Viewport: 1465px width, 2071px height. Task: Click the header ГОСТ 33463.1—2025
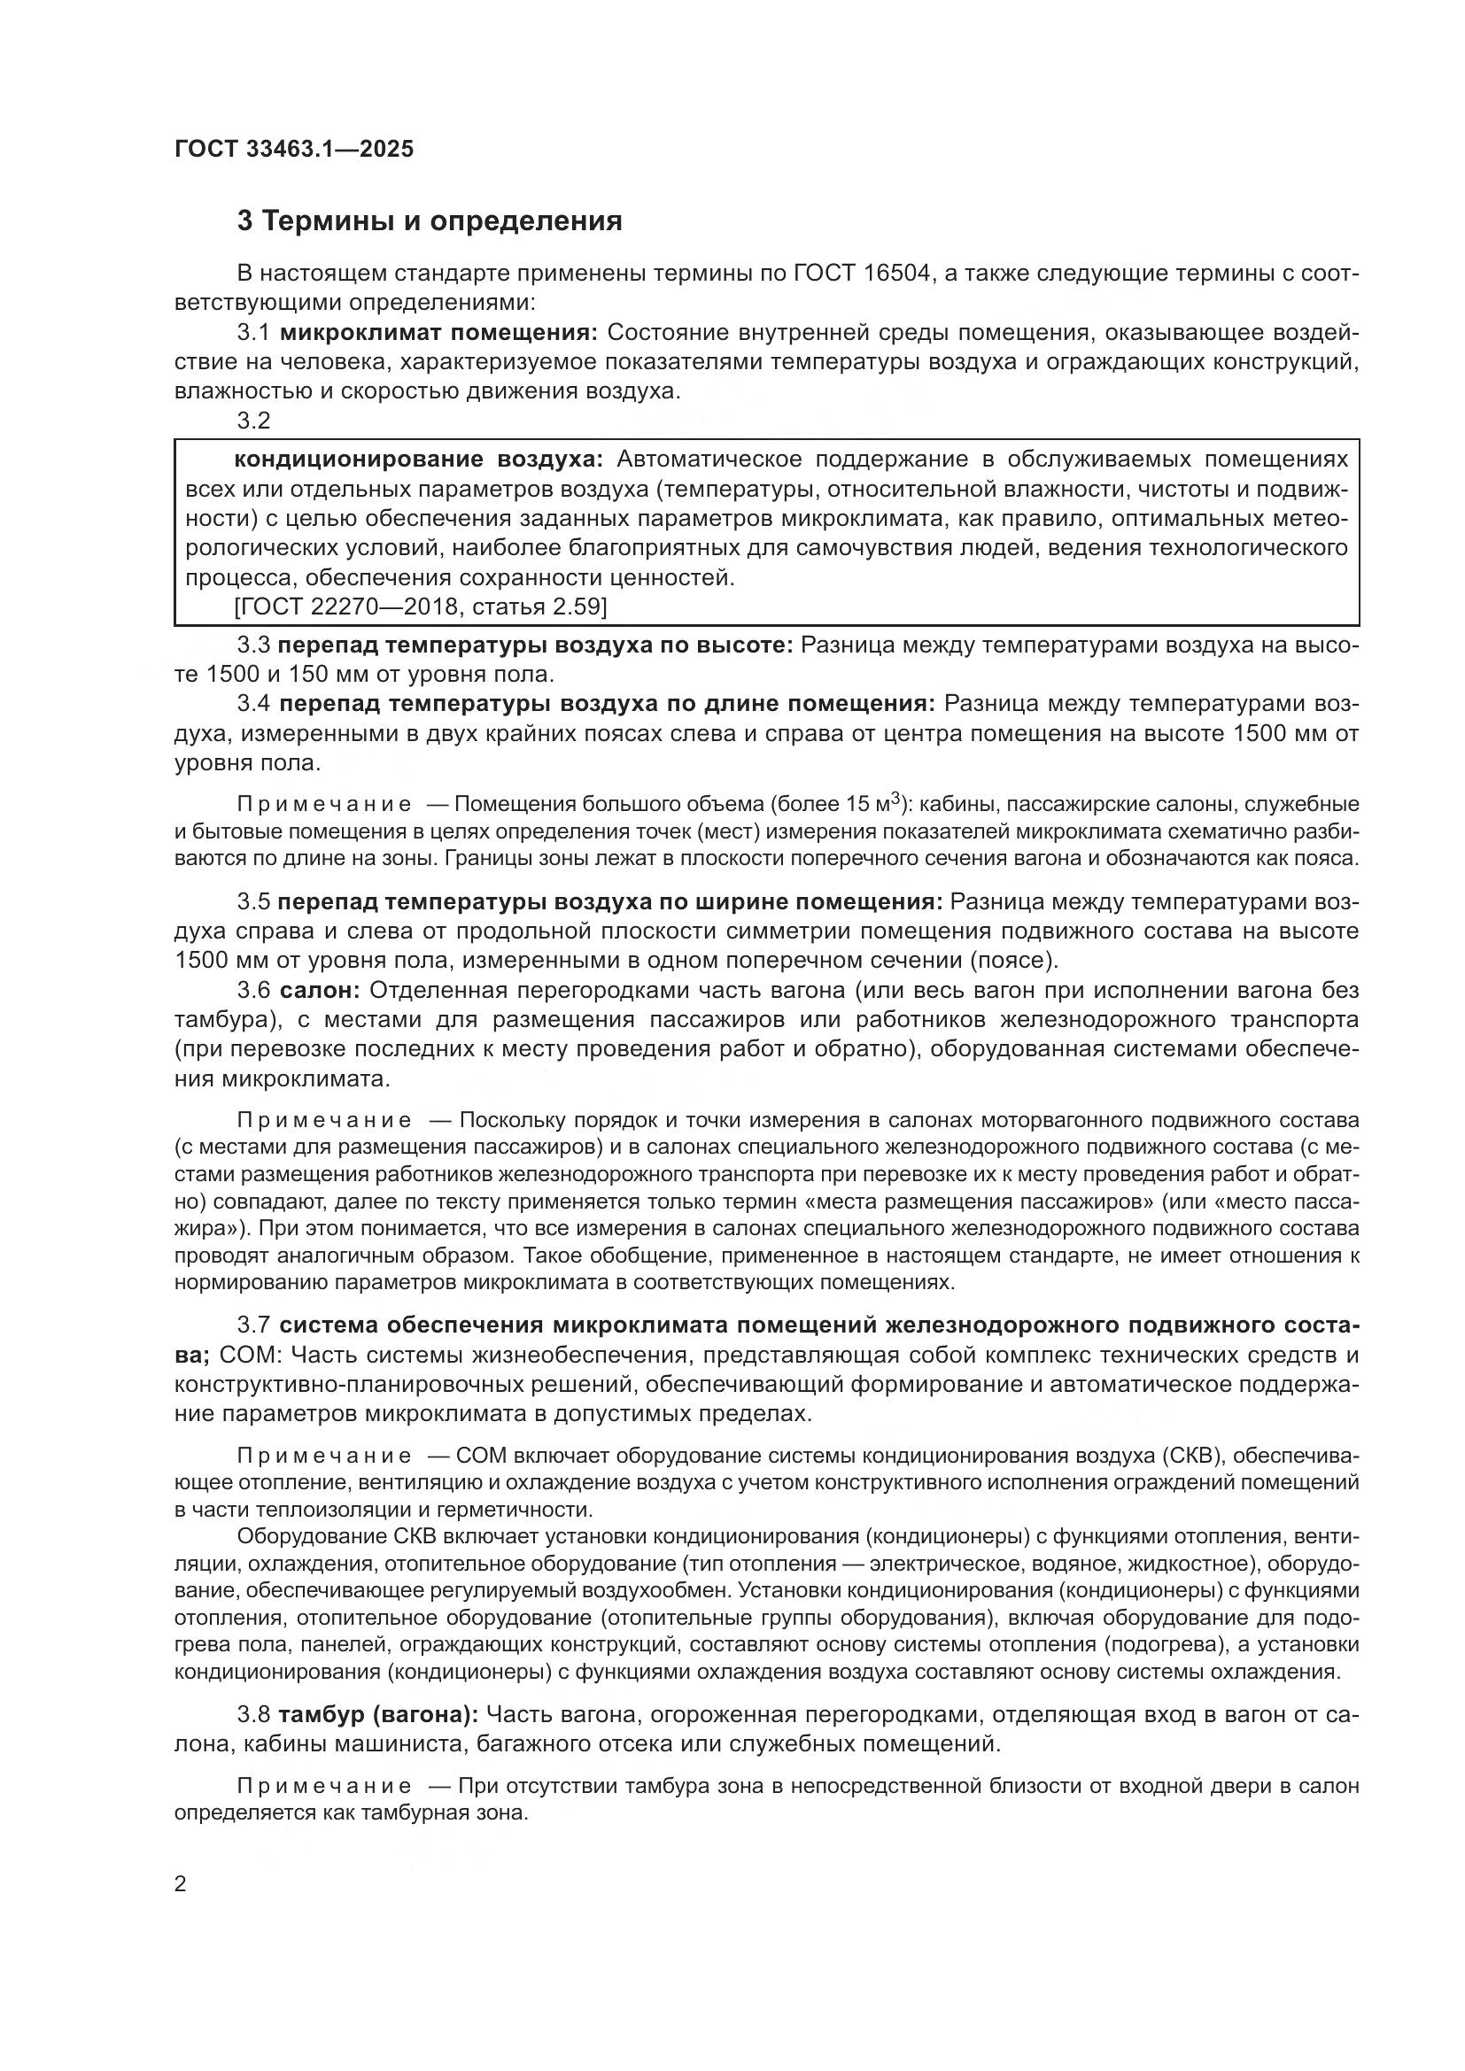[x=294, y=149]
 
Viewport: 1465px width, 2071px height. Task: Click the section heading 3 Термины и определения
[x=430, y=221]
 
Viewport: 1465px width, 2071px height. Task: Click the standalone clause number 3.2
[x=253, y=421]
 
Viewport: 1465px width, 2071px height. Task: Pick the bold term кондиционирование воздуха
[x=418, y=460]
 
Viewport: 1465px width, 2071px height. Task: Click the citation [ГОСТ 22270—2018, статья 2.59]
[x=421, y=607]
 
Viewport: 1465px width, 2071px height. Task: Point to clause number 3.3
[x=253, y=645]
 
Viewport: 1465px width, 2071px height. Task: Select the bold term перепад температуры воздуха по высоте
[x=535, y=645]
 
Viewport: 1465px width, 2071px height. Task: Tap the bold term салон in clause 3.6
[x=320, y=991]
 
